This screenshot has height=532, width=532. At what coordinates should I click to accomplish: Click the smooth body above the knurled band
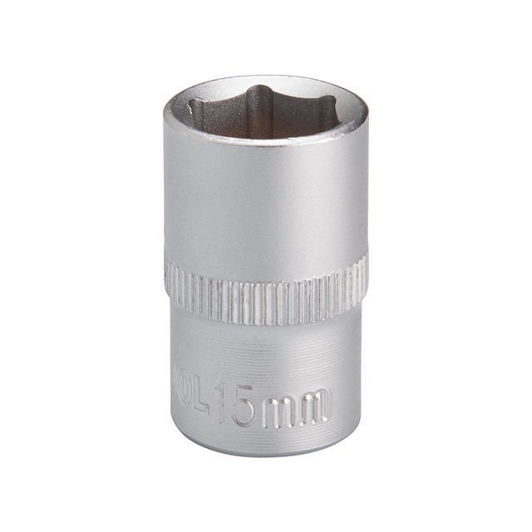coord(266,208)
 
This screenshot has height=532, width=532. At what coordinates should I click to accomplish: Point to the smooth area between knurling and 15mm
coord(266,349)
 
